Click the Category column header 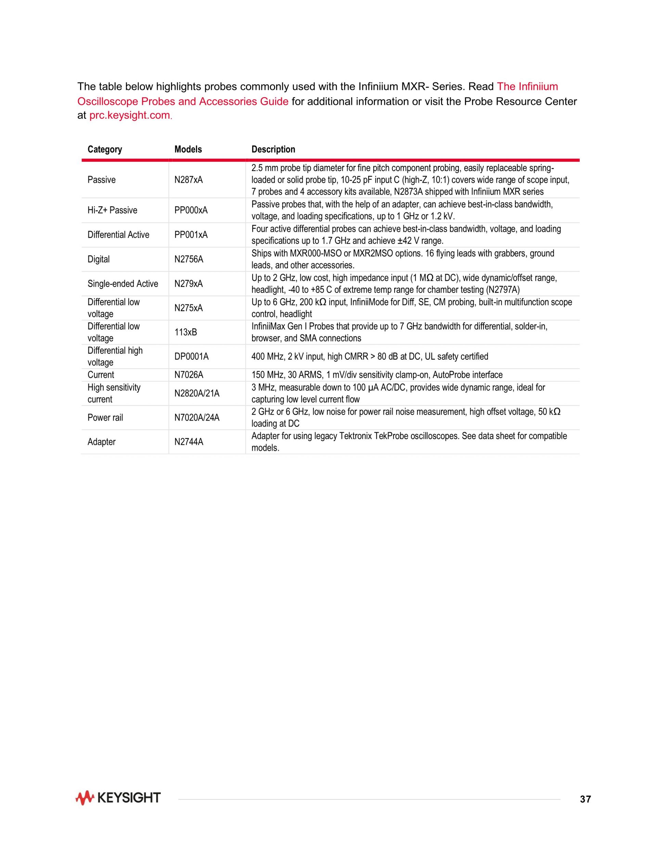point(105,149)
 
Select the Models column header point(188,149)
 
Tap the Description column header point(273,149)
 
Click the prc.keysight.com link point(130,116)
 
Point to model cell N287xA point(189,180)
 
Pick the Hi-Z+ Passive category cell point(112,210)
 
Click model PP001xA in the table point(191,235)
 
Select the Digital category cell point(99,259)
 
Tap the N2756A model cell point(189,259)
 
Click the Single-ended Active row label point(123,284)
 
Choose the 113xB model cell point(186,332)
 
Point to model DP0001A point(192,357)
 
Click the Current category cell point(101,375)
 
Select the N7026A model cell point(189,375)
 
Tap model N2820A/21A point(196,394)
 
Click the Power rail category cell point(105,418)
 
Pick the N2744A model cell point(189,442)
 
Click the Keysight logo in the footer point(118,798)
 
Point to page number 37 point(585,799)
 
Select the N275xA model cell point(189,308)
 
